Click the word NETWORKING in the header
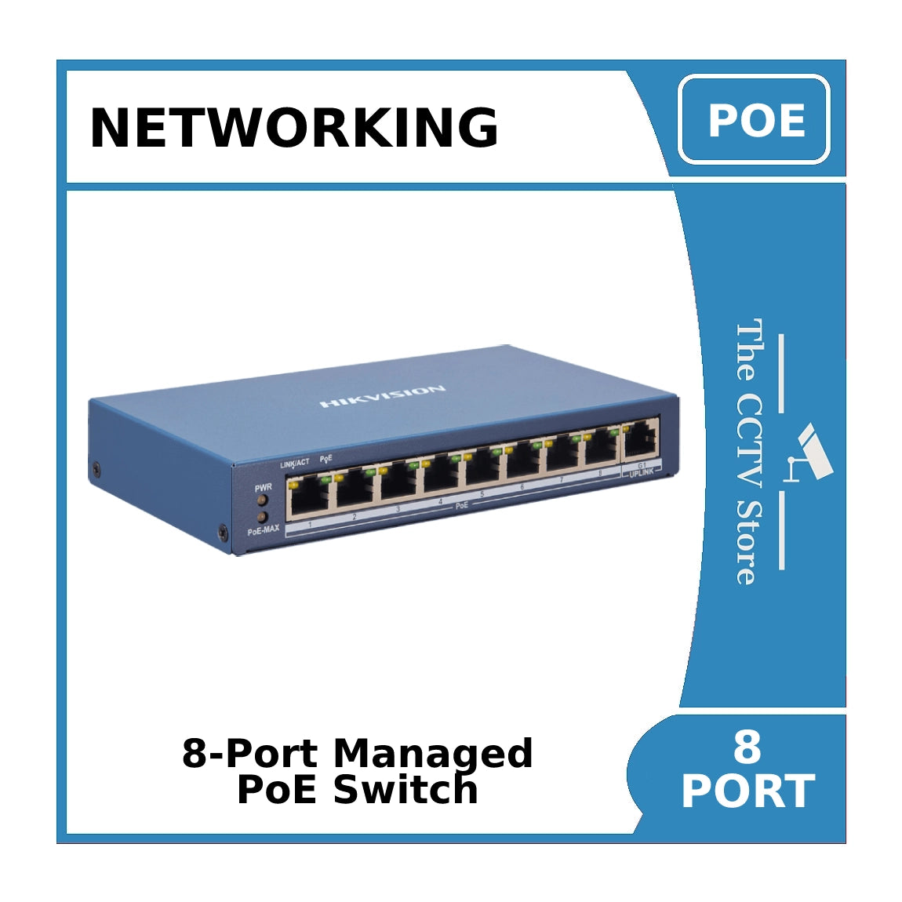click(x=294, y=127)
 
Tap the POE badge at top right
click(x=754, y=120)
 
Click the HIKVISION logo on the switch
click(x=382, y=396)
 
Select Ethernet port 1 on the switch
click(x=309, y=496)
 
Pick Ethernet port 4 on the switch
click(x=441, y=475)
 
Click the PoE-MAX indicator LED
click(x=263, y=518)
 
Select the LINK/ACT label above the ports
click(x=294, y=464)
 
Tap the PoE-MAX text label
click(x=264, y=531)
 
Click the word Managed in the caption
click(x=432, y=754)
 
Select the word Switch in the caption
click(x=406, y=790)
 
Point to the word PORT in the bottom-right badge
click(x=747, y=791)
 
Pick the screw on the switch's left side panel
click(x=96, y=469)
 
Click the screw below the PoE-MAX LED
click(x=223, y=533)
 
